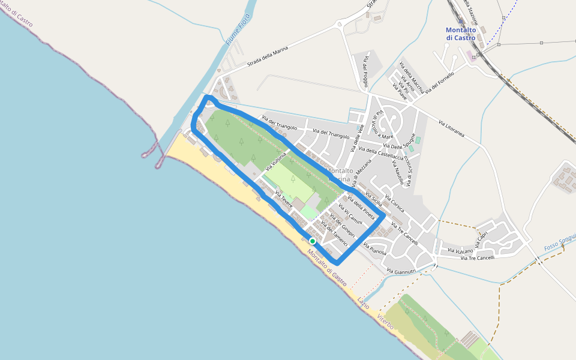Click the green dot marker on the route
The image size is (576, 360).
tap(312, 241)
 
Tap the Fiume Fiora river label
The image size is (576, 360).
tap(238, 30)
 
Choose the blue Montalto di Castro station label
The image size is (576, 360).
tap(460, 34)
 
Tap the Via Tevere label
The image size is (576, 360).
tap(283, 199)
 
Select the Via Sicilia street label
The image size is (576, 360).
tap(373, 200)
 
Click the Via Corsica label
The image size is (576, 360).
tap(394, 204)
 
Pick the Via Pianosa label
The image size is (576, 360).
tap(374, 248)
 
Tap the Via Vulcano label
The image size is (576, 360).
tap(461, 251)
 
